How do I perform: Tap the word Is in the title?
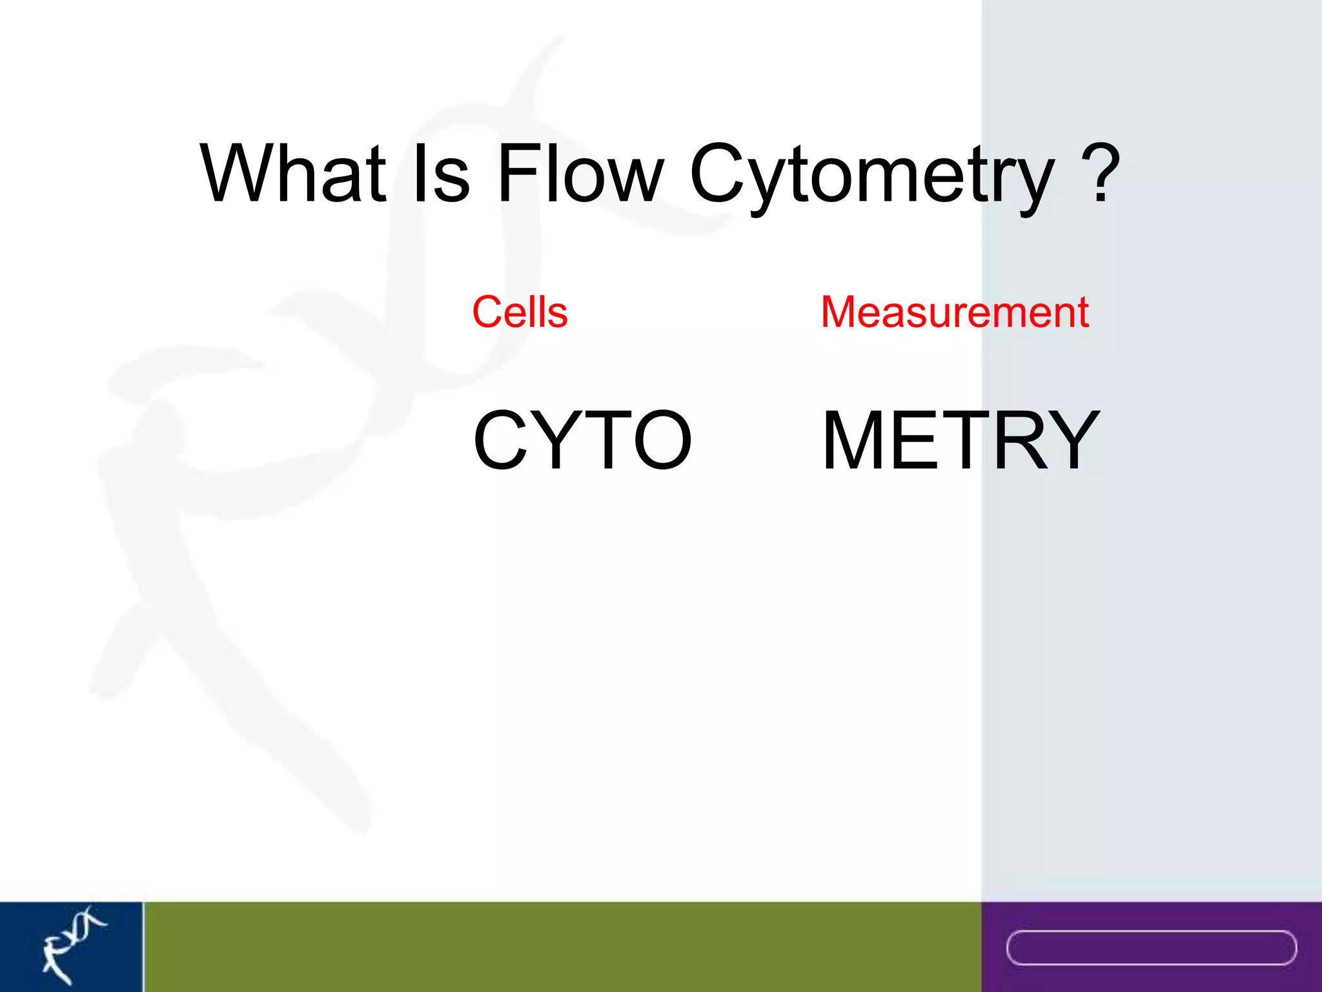(x=441, y=173)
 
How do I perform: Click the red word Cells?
(x=520, y=313)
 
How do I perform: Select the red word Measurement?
(x=955, y=313)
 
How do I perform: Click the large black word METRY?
(x=961, y=440)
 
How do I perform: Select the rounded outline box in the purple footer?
(x=1151, y=947)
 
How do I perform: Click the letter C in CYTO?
(x=502, y=440)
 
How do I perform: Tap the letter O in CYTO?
(x=662, y=440)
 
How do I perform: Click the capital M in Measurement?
(x=840, y=313)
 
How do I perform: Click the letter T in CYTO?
(x=604, y=440)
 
